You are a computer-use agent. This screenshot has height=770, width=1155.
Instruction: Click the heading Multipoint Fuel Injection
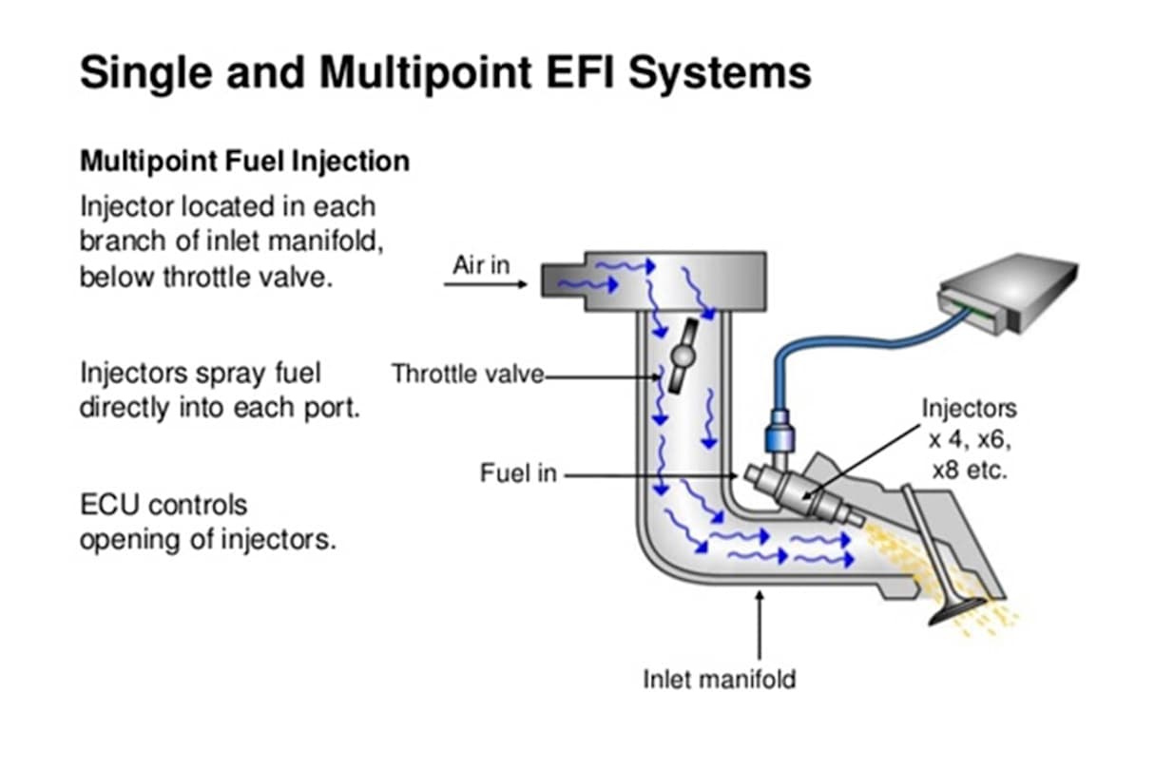point(244,161)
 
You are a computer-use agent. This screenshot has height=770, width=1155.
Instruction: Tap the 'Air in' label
point(480,265)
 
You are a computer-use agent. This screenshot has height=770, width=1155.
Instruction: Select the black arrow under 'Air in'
point(486,284)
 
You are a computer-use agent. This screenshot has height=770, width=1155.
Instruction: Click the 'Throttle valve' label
point(467,374)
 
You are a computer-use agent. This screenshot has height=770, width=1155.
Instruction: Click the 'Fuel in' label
point(518,472)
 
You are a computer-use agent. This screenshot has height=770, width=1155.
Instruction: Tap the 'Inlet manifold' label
point(719,679)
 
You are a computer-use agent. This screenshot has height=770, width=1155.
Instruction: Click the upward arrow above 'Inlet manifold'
point(759,627)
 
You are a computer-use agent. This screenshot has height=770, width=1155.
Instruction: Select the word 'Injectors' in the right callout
point(969,409)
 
